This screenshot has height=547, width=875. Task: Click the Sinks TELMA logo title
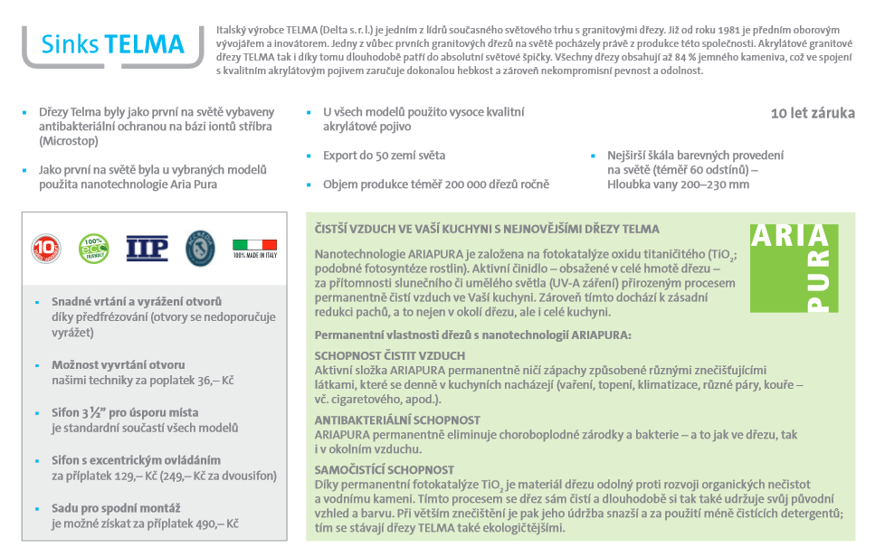pos(113,44)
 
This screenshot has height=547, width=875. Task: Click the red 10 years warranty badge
pos(47,248)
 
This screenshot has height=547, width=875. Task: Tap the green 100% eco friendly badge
pos(93,248)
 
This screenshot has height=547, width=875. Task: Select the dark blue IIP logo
pos(147,248)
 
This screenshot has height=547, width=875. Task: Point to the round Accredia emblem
pos(200,248)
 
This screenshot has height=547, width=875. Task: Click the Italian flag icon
pos(254,244)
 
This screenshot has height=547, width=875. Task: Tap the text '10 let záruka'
pos(812,114)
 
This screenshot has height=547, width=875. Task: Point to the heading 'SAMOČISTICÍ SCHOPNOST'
pos(384,470)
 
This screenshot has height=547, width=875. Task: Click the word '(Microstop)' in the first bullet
pos(69,141)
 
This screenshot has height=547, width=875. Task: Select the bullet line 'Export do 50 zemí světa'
pos(384,156)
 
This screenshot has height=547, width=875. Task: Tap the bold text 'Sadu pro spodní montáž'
pos(115,509)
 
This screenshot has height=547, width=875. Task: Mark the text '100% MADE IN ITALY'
pos(254,256)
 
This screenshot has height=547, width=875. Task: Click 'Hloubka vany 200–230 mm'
pos(678,184)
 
